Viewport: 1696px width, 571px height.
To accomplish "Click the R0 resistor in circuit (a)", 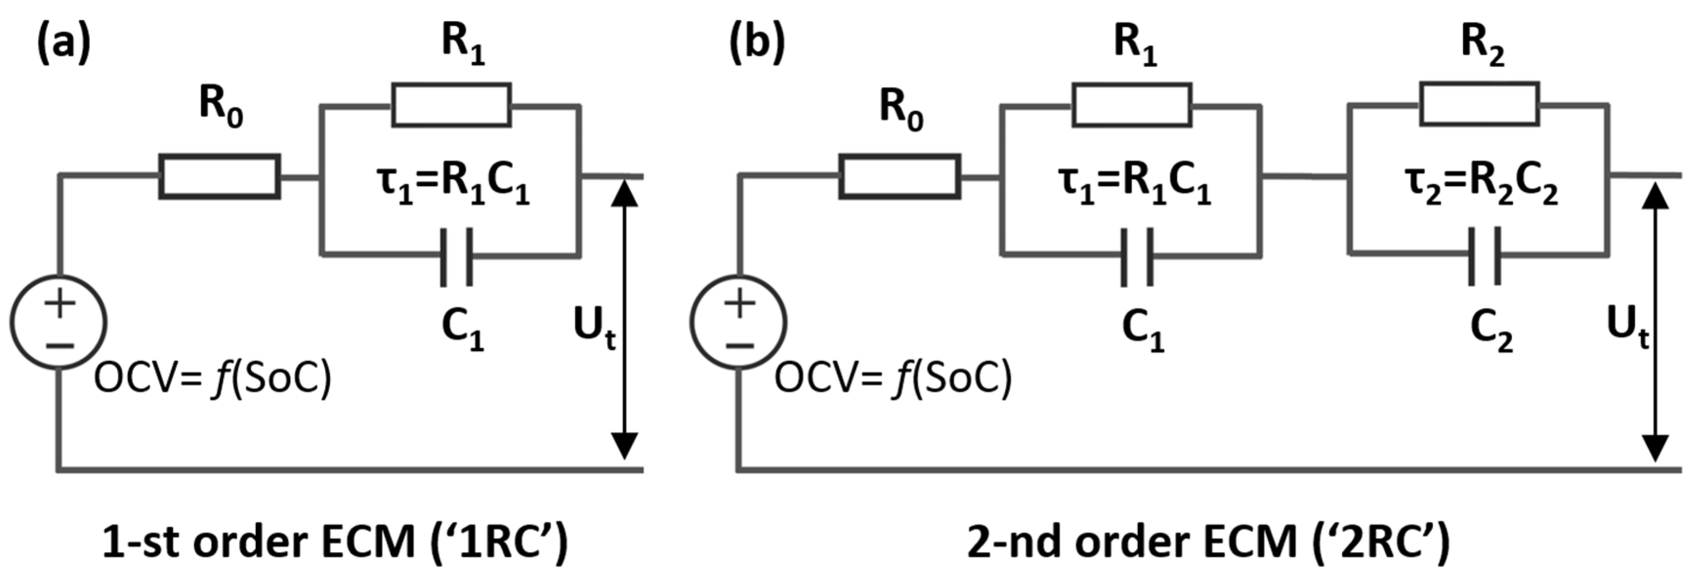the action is point(220,176).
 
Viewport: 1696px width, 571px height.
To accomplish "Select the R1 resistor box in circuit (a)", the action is point(452,104).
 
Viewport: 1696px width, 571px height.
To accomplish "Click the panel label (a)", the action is point(62,43).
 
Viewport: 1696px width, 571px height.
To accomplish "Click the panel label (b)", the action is point(757,43).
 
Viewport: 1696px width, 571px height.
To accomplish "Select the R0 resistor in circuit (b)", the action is point(899,176).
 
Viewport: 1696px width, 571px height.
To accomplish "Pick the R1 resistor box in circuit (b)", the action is point(1132,104).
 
